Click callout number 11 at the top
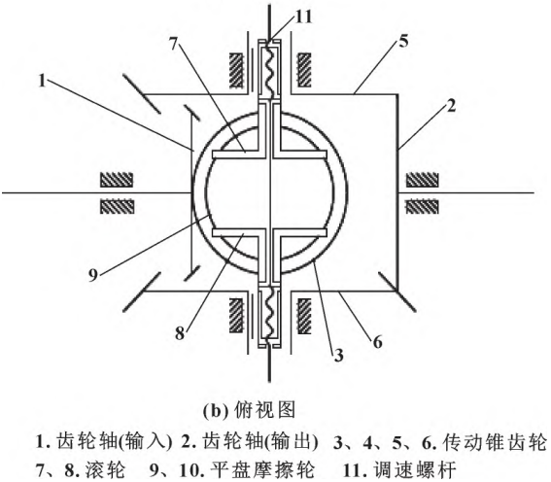(x=303, y=17)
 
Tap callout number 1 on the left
(x=42, y=82)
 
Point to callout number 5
(x=403, y=42)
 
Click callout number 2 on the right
(x=451, y=106)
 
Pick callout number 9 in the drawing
(x=92, y=275)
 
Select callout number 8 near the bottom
(x=180, y=333)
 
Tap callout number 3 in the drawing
(x=338, y=355)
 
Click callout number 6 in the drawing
(x=377, y=341)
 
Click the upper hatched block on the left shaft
(x=117, y=180)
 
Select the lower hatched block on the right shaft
(x=422, y=207)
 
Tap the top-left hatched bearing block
(x=236, y=70)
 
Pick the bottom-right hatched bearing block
(x=304, y=316)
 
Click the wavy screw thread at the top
(x=269, y=68)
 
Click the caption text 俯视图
(x=264, y=410)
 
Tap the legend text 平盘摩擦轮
(x=261, y=470)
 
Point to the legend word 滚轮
(x=105, y=470)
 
